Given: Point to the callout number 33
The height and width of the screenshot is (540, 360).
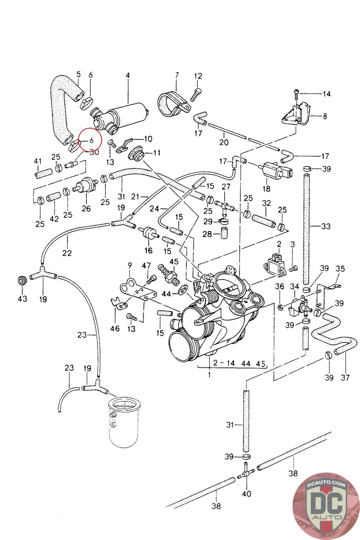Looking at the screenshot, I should click(326, 226).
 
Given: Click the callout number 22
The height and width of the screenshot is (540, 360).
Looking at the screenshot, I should click(67, 252).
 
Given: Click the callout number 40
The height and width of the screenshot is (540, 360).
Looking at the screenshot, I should click(247, 494).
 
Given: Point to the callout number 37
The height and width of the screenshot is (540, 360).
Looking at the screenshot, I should click(345, 377).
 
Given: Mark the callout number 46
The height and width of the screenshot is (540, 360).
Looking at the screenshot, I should click(115, 328).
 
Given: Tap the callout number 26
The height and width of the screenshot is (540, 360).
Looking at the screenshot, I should click(86, 208).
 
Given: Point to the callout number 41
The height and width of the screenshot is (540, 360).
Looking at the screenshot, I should click(37, 161).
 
